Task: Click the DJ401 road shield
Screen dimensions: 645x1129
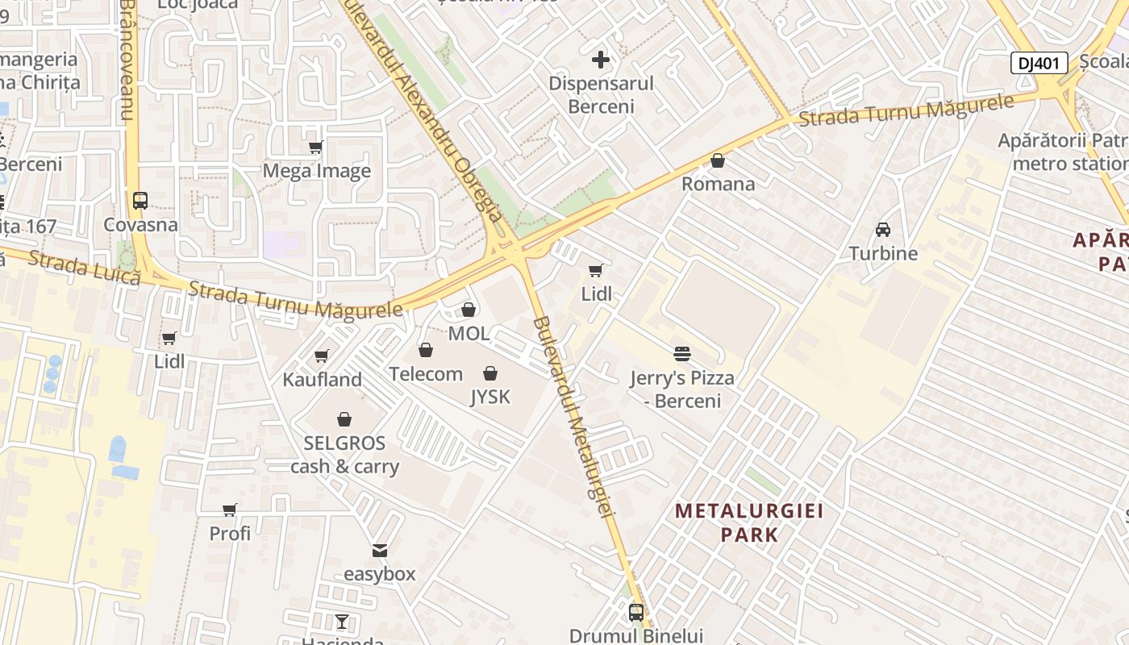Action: (1039, 63)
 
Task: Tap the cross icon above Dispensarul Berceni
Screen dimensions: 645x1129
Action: (601, 60)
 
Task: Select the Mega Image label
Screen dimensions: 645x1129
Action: (317, 171)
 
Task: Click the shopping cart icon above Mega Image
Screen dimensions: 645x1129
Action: (316, 148)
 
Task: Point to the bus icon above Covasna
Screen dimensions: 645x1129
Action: (140, 200)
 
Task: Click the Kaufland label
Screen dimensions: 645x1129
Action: (322, 379)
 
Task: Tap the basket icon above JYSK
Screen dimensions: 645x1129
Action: (490, 373)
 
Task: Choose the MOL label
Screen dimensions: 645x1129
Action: (469, 333)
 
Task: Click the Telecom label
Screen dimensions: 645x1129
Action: (426, 374)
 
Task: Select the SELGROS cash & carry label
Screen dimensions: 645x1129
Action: (344, 455)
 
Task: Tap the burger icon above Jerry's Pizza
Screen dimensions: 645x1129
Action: (682, 353)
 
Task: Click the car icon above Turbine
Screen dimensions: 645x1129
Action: (883, 230)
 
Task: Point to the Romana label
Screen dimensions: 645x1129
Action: (718, 184)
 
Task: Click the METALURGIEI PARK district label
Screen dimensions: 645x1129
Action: (749, 522)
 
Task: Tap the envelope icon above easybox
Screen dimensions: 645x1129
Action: (380, 551)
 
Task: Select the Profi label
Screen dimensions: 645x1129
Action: (230, 533)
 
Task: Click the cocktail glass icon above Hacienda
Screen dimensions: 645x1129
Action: (342, 622)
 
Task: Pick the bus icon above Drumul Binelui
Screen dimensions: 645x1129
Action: (636, 613)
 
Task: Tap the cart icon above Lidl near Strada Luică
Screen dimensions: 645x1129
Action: (169, 339)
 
